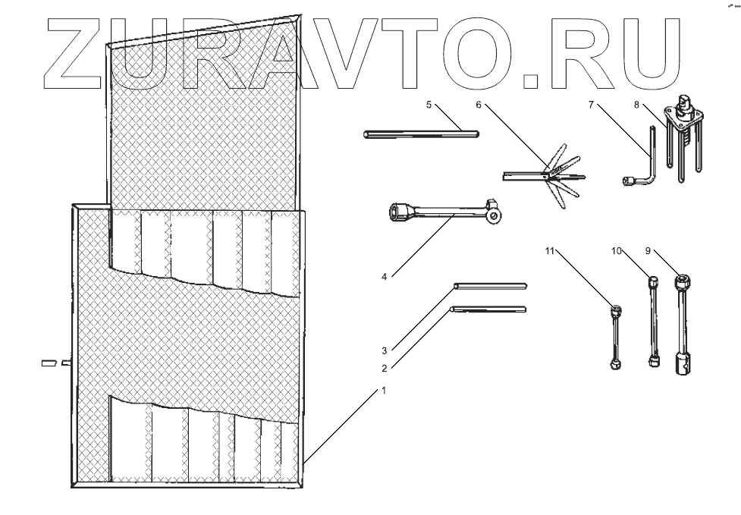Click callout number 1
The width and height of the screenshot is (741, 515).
tap(384, 391)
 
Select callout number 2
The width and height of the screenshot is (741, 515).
tap(385, 369)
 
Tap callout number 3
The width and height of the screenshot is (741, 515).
tap(385, 350)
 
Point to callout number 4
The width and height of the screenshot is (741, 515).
tap(385, 277)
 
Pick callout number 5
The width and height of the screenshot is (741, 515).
tap(429, 105)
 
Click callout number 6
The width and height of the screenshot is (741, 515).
tap(479, 105)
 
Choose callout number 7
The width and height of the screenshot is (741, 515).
tap(591, 105)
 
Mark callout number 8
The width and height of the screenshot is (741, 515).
tap(636, 105)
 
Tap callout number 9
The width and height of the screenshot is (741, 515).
tap(648, 250)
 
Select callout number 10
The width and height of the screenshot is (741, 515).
tap(617, 250)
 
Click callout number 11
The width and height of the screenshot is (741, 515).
tap(549, 250)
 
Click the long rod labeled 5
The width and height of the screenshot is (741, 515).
tap(421, 135)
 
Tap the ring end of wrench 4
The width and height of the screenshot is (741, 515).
tap(494, 216)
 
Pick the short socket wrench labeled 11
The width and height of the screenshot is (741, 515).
tap(616, 338)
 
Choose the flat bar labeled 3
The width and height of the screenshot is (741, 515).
tap(489, 286)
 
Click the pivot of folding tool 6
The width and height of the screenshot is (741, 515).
tap(545, 176)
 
